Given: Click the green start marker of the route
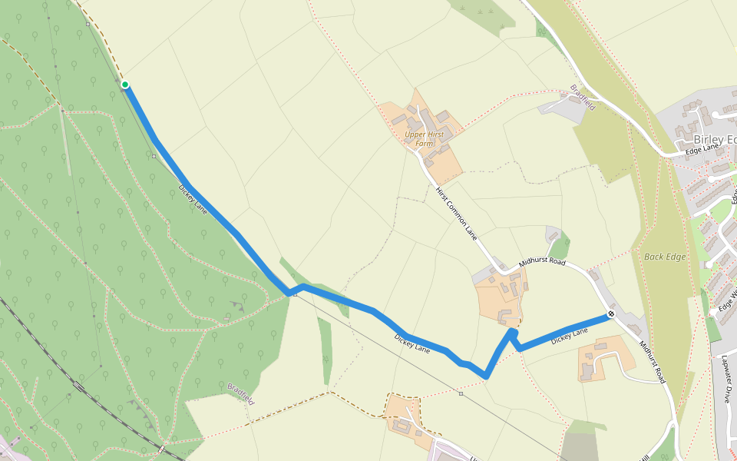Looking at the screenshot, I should [124, 85].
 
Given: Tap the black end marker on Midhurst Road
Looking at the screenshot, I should [611, 313].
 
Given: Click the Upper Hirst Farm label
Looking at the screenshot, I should [425, 138].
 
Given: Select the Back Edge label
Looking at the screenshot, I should [664, 257].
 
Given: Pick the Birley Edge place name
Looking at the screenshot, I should [714, 139].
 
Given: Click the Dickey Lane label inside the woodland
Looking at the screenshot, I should [193, 197].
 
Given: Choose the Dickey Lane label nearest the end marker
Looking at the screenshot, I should [569, 334].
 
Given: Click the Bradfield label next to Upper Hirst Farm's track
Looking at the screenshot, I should [583, 97].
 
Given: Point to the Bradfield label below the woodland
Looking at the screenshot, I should [240, 394].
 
